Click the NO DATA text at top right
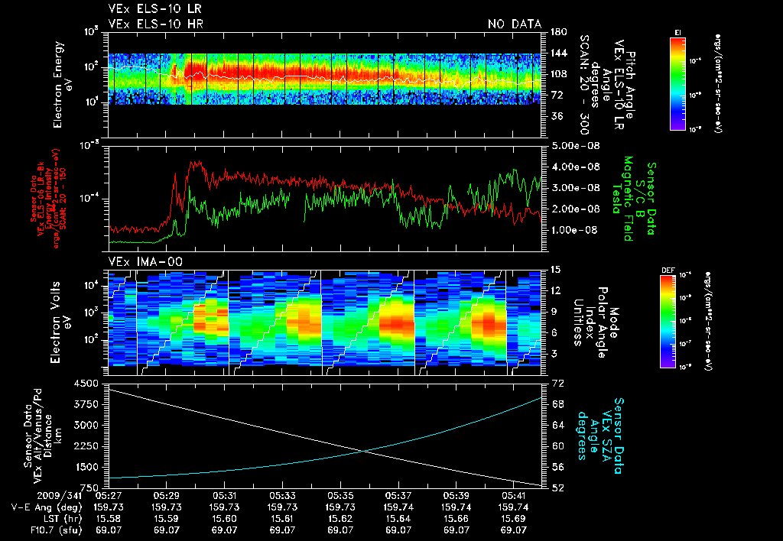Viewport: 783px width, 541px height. (x=514, y=24)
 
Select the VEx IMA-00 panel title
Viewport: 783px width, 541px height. (x=138, y=261)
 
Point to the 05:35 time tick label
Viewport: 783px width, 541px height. (x=340, y=495)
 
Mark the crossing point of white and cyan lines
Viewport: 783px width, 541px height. (x=366, y=450)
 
